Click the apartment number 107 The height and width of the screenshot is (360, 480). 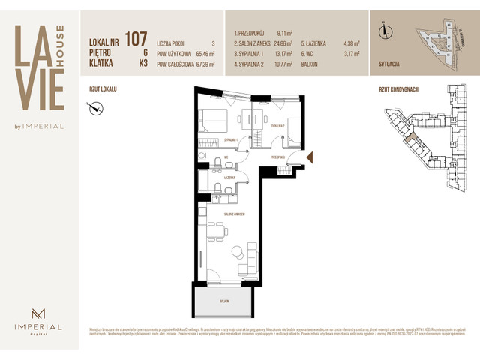tap(136, 38)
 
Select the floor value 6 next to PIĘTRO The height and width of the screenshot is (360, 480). tap(143, 52)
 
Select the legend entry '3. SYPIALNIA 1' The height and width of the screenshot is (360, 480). tap(253, 55)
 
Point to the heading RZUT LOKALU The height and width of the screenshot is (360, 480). tap(103, 88)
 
